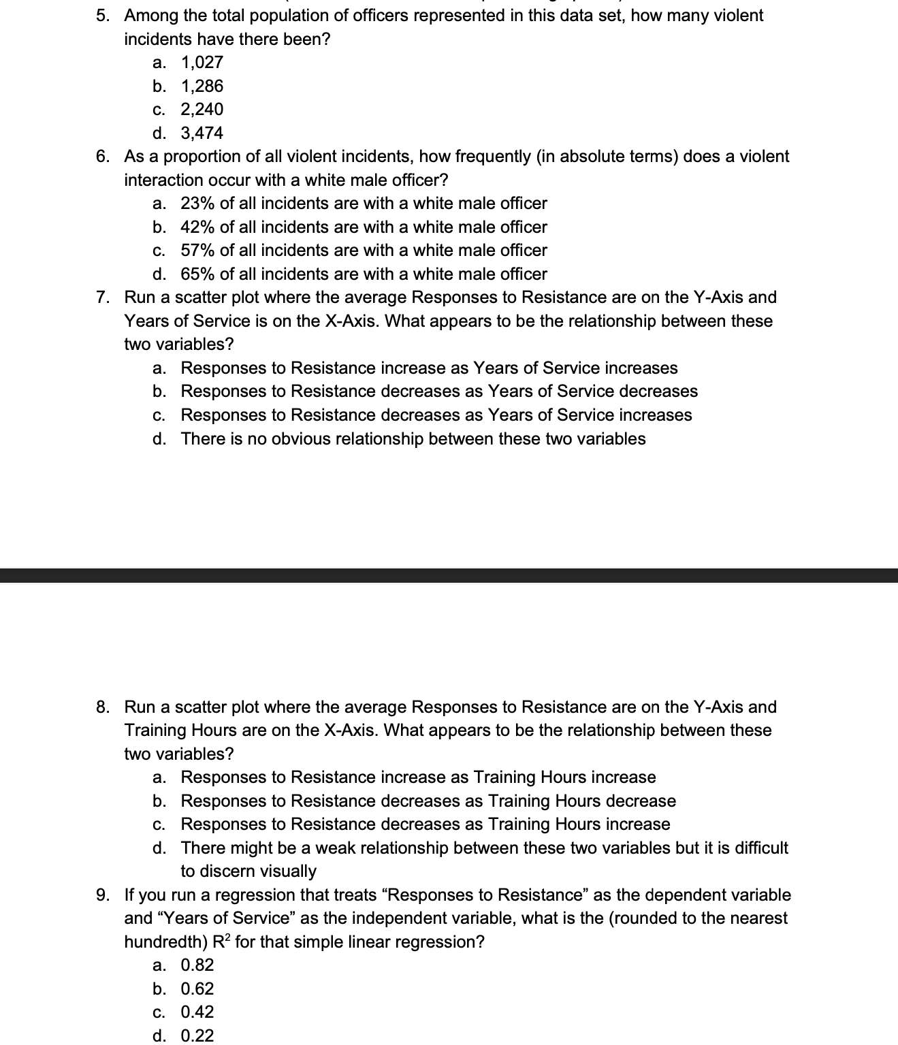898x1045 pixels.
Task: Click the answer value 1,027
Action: [x=202, y=63]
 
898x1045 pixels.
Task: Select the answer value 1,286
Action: [x=202, y=86]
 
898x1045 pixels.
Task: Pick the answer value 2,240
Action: [x=202, y=110]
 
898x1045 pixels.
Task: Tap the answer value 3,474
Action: [x=202, y=133]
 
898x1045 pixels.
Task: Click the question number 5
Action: [x=101, y=16]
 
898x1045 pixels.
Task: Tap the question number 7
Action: [x=101, y=298]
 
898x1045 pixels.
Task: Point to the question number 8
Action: [x=101, y=707]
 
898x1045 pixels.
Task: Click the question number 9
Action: [x=101, y=895]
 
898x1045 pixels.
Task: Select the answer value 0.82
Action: [x=197, y=965]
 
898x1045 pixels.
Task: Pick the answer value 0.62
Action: [x=197, y=989]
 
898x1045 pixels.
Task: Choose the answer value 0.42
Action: [x=197, y=1012]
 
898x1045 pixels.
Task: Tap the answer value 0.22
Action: [x=197, y=1036]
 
